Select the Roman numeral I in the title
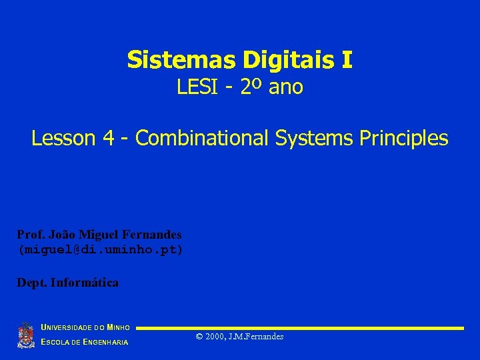click(346, 60)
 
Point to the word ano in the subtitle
click(285, 87)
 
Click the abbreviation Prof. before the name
click(30, 235)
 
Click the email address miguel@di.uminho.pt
click(100, 249)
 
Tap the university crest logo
click(25, 335)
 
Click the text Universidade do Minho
click(85, 327)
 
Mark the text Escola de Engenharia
click(85, 343)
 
